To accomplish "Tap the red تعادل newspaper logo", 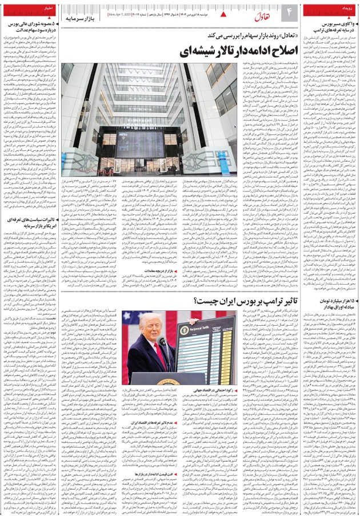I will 257,13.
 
